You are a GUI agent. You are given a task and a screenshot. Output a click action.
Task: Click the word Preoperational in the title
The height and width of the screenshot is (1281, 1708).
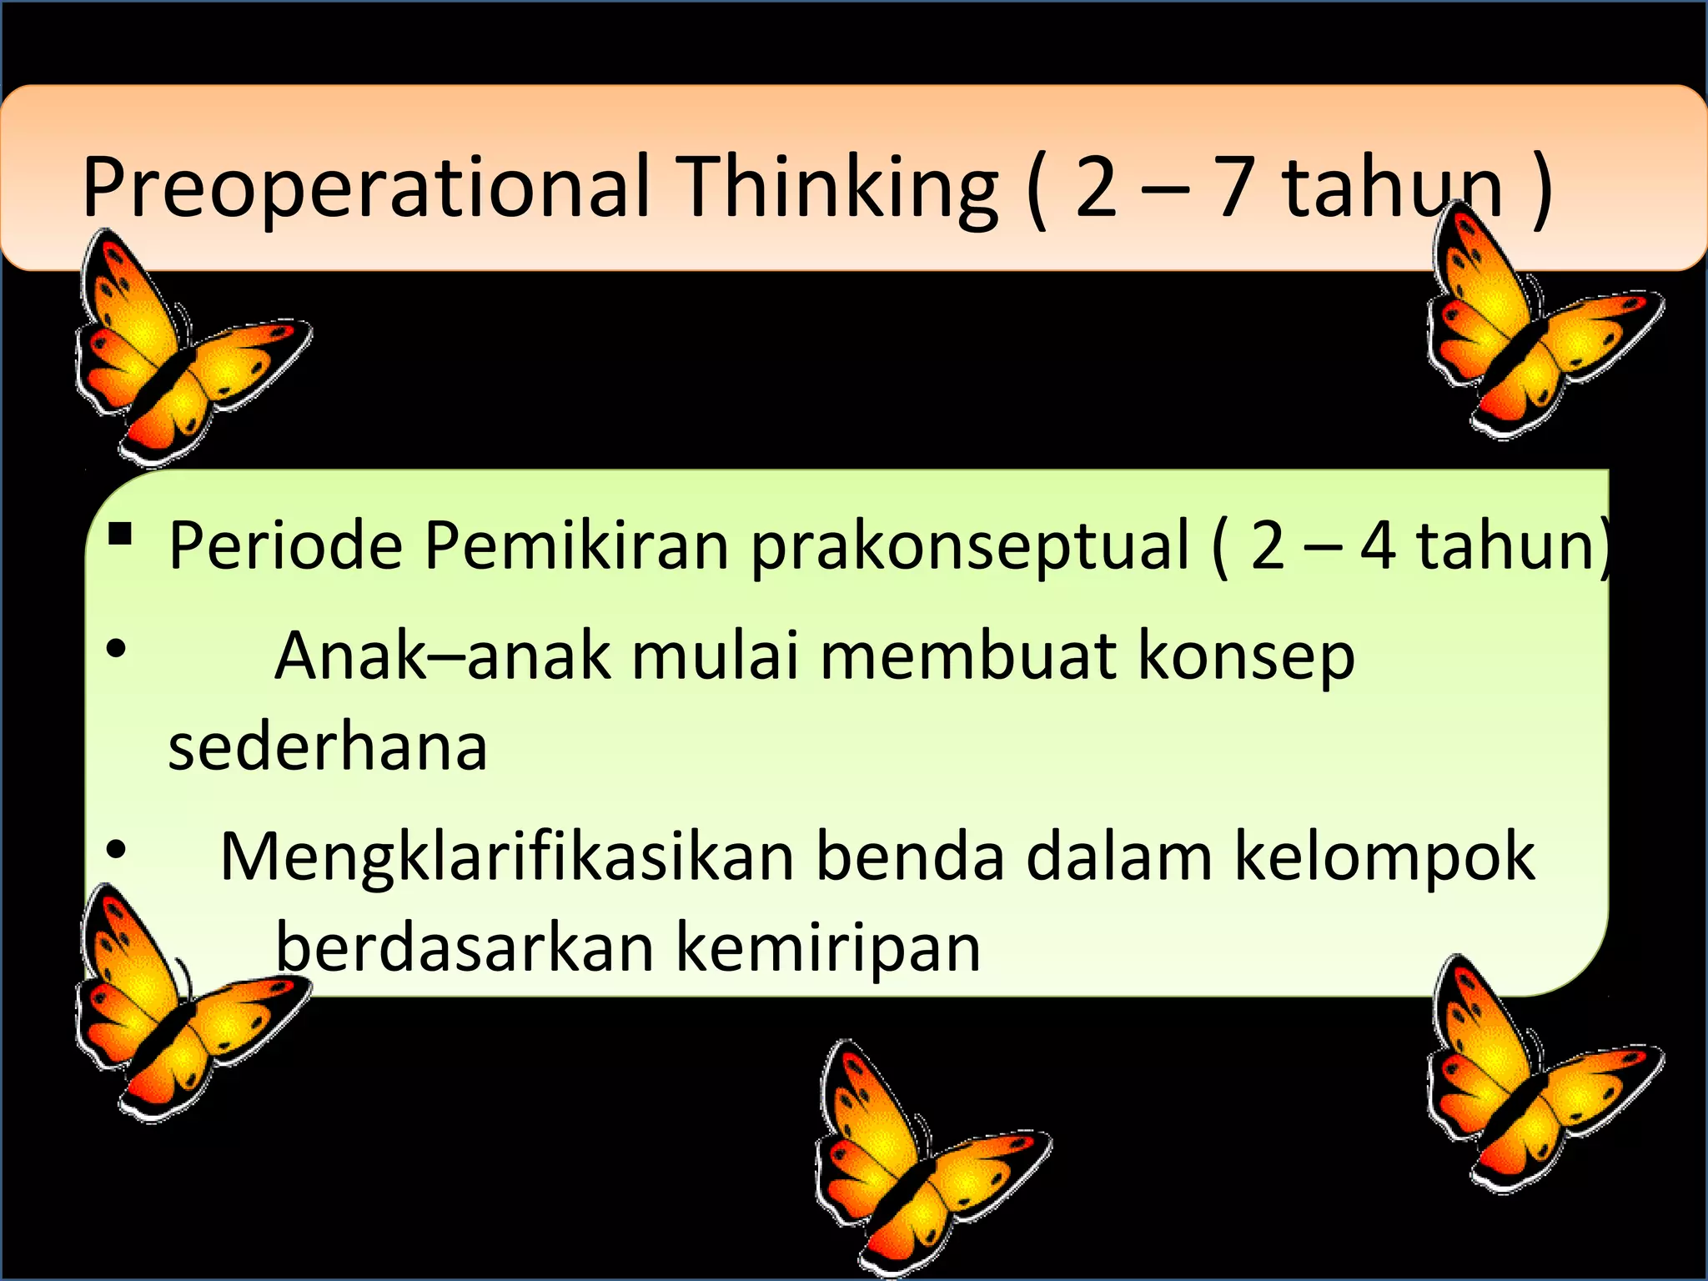[365, 188]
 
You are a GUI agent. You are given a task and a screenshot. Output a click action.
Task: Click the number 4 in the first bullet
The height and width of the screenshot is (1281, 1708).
[1378, 546]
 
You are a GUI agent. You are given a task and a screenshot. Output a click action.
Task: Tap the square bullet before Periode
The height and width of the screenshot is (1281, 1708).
[120, 534]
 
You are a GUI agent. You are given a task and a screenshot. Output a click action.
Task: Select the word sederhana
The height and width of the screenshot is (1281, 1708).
[328, 746]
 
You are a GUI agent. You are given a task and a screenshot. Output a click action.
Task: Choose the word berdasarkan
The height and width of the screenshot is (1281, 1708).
[465, 947]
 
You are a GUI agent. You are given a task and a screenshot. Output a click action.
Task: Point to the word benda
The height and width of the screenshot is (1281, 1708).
[910, 857]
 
